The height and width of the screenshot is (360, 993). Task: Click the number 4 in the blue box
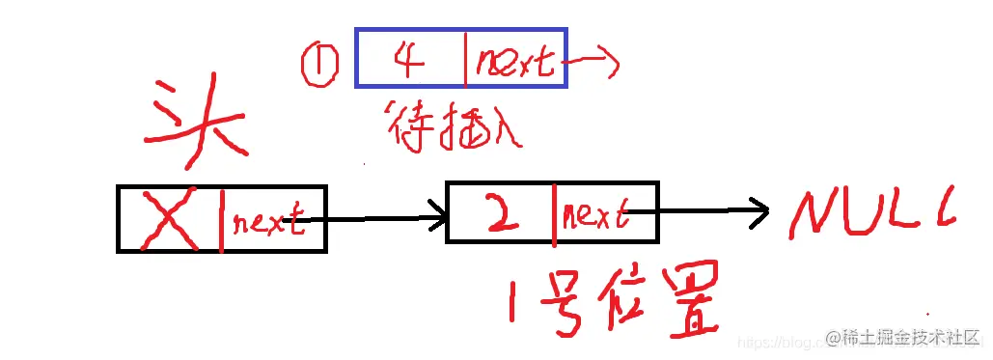pyautogui.click(x=409, y=60)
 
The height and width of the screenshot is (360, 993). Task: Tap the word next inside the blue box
pyautogui.click(x=513, y=63)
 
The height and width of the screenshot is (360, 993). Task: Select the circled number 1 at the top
pyautogui.click(x=318, y=66)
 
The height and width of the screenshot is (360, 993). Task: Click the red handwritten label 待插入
pyautogui.click(x=454, y=125)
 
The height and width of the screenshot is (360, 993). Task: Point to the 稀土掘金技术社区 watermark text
pyautogui.click(x=903, y=339)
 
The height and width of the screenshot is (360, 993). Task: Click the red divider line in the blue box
pyautogui.click(x=466, y=57)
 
